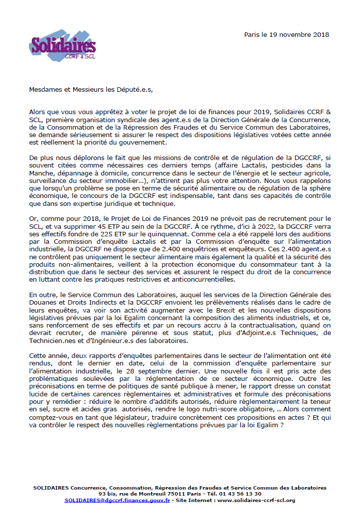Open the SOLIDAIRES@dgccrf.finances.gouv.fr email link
(x=117, y=500)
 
